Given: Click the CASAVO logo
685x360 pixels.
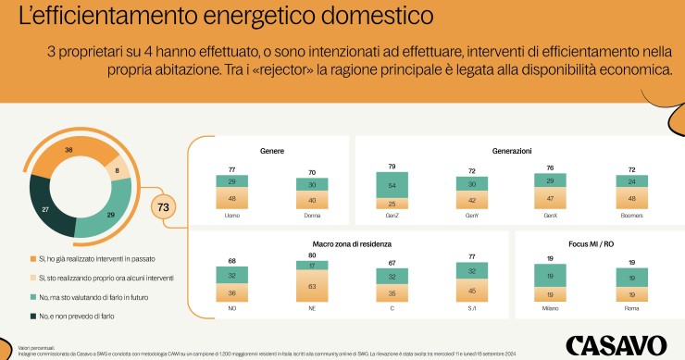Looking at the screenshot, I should point(616,343).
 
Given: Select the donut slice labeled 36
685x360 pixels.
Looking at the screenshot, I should point(68,150).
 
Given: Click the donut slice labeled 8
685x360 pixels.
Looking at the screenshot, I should point(117,171).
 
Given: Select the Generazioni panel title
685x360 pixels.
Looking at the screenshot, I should point(511,150).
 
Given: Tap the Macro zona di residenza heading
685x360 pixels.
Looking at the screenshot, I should point(348,243).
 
